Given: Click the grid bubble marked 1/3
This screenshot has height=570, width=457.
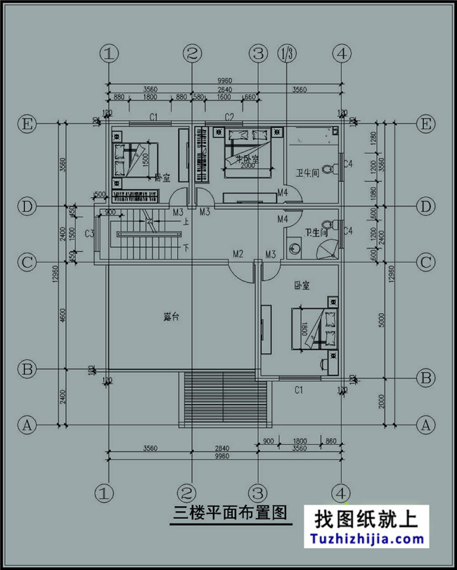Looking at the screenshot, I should [x=287, y=53].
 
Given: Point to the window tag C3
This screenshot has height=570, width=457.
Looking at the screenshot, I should [x=90, y=233].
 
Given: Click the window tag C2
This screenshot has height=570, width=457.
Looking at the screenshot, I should [x=229, y=117].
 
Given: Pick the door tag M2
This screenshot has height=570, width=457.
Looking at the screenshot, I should [x=238, y=253].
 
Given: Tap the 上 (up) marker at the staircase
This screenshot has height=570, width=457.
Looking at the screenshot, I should [x=185, y=221].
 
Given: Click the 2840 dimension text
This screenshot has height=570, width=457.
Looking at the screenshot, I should [x=222, y=446].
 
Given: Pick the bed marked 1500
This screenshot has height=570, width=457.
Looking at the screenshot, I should [x=134, y=160].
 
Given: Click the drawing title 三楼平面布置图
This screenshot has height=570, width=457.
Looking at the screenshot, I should [x=230, y=512].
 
